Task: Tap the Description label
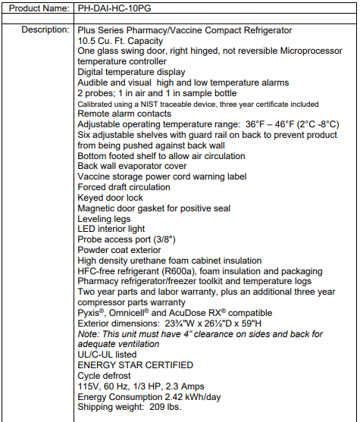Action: click(45, 30)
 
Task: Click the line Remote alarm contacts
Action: click(124, 114)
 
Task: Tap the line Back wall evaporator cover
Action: click(133, 166)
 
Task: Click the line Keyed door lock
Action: click(110, 198)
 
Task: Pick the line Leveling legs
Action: click(105, 219)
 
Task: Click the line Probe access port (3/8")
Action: click(126, 239)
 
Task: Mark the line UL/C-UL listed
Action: click(107, 355)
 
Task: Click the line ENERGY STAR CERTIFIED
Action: click(136, 365)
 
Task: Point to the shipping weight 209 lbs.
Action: click(165, 407)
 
